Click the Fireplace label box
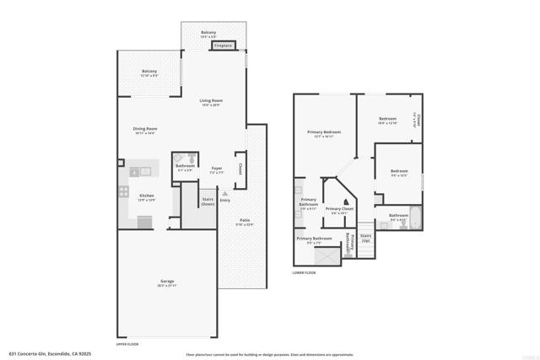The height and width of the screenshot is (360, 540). [x=223, y=46]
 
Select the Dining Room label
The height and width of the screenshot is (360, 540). [x=145, y=130]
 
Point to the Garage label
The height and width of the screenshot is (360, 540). [x=167, y=282]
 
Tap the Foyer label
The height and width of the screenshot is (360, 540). [x=216, y=169]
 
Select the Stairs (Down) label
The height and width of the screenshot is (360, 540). [x=208, y=201]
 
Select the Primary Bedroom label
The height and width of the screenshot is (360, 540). [x=324, y=133]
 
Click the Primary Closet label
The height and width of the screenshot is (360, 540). [x=340, y=209]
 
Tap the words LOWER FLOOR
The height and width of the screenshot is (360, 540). [x=304, y=272]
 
